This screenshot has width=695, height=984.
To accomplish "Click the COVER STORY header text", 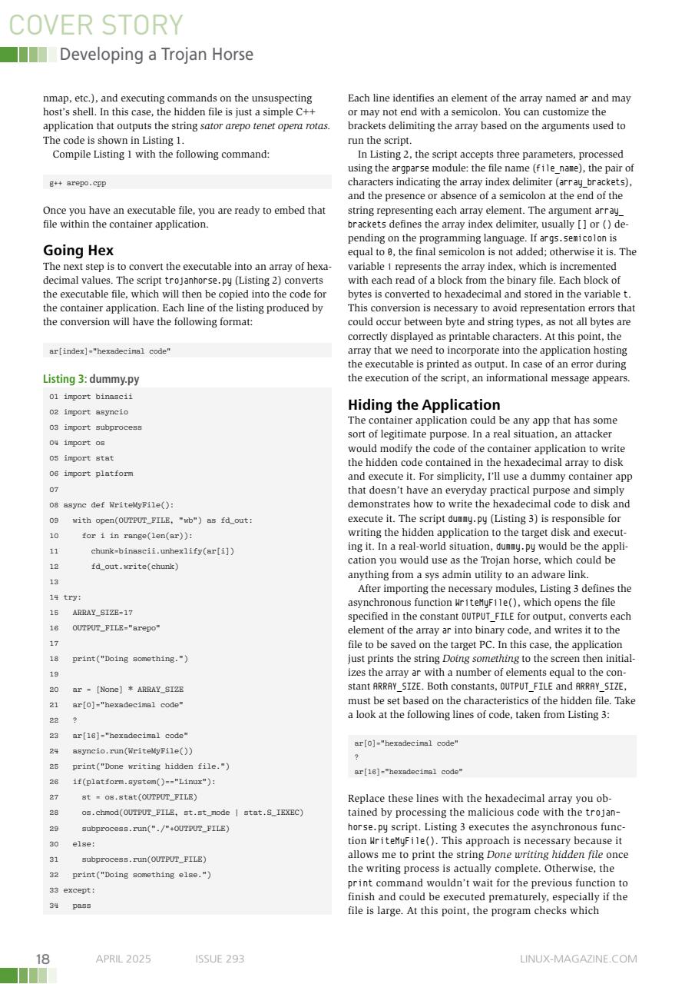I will (96, 25).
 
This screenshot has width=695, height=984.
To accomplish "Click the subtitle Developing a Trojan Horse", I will (156, 55).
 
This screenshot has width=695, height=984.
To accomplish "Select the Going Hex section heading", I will (78, 250).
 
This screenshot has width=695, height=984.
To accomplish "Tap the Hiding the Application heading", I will (423, 404).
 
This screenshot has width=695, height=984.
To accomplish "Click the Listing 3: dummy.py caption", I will (91, 379).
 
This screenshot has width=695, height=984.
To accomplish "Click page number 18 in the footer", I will (43, 959).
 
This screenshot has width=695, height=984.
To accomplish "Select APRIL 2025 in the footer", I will (123, 959).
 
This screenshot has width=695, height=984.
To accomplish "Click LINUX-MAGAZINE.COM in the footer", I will (578, 959).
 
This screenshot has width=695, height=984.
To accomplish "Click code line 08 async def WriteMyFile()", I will (112, 505).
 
